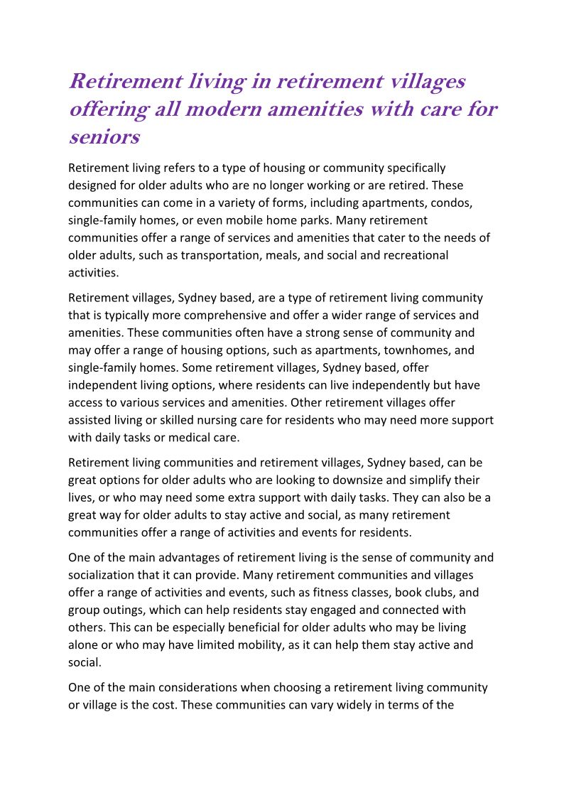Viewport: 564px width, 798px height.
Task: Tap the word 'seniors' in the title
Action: tap(104, 136)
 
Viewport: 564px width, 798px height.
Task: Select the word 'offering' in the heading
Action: tap(109, 109)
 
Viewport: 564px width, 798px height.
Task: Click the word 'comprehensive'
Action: tap(209, 316)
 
